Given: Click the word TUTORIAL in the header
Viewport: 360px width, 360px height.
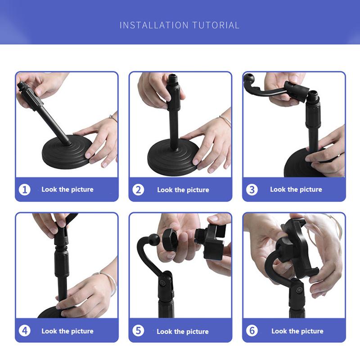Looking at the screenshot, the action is click(x=216, y=25).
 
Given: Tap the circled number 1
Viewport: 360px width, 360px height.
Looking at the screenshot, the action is click(x=25, y=190).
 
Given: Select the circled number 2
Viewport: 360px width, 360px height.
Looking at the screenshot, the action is click(x=138, y=190).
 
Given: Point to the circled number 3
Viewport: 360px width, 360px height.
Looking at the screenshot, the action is click(x=252, y=190).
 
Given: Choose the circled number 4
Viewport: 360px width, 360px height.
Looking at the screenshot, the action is click(x=25, y=331).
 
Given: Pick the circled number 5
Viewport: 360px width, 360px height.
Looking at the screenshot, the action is click(x=138, y=331).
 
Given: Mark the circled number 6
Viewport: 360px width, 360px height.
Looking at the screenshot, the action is click(x=252, y=331).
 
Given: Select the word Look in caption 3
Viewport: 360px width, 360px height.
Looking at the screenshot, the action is click(x=278, y=189).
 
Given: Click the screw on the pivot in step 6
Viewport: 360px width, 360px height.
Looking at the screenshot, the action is click(x=299, y=290).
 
